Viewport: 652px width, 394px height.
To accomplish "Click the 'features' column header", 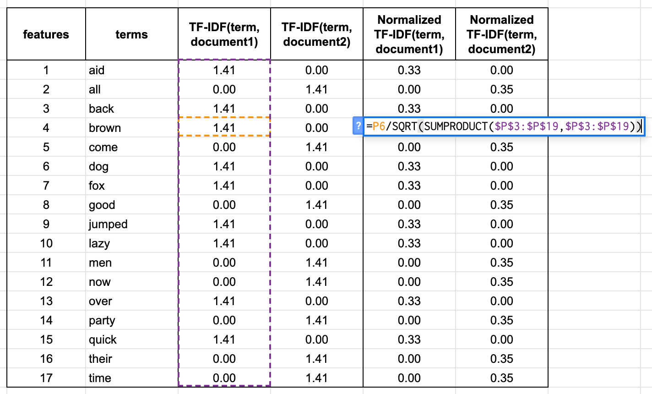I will point(46,34).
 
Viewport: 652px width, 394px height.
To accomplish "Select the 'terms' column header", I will point(131,34).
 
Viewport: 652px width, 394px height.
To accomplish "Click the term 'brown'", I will point(105,128).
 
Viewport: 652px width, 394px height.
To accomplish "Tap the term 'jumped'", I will point(108,224).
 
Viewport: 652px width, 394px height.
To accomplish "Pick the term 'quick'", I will point(103,339).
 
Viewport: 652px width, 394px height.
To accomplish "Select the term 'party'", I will point(102,320).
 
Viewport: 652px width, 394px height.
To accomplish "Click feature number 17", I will point(46,378).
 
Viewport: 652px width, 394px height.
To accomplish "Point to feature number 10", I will point(46,243).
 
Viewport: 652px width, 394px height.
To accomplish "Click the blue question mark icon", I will point(359,126).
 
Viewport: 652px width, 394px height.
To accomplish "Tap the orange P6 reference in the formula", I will point(379,126).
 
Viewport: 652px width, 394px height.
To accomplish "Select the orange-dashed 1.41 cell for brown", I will point(224,128).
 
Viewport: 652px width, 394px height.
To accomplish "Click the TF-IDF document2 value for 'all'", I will point(316,89).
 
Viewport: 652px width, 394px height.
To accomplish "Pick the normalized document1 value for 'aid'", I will point(409,70).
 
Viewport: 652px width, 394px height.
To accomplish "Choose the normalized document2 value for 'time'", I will point(501,378).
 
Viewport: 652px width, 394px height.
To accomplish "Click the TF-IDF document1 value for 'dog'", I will point(224,166).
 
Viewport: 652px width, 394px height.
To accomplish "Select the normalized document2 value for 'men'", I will point(501,263).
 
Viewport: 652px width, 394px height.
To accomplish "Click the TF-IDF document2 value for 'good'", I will point(316,205).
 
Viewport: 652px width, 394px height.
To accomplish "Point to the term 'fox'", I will point(97,186).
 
